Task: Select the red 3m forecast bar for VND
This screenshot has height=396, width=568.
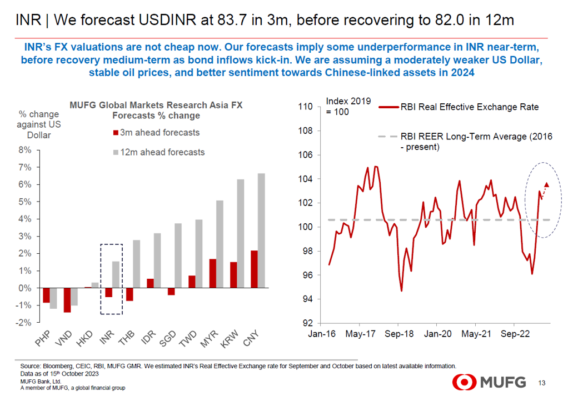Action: (67, 300)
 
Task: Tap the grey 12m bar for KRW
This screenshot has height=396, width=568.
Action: (241, 233)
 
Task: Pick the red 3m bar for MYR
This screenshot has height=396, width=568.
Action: (212, 273)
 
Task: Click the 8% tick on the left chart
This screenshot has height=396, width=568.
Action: (25, 150)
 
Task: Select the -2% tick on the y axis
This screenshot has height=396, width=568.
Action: (24, 322)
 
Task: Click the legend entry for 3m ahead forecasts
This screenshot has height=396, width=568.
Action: (156, 133)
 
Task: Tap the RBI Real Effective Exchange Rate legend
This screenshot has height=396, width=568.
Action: (469, 107)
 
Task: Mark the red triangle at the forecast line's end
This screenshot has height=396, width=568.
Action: (547, 184)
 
